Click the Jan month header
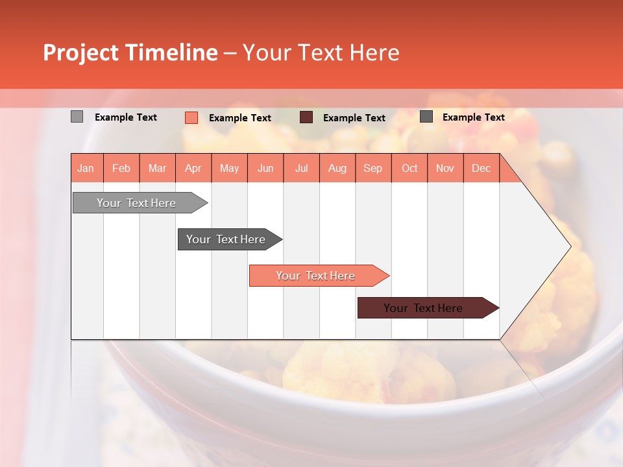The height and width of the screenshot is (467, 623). pyautogui.click(x=86, y=168)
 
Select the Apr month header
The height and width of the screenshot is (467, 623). pyautogui.click(x=193, y=168)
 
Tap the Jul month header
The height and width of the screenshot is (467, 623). pyautogui.click(x=301, y=168)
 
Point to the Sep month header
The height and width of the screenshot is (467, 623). pyautogui.click(x=373, y=168)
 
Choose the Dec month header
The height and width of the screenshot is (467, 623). pyautogui.click(x=481, y=168)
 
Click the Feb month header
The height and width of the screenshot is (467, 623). pyautogui.click(x=121, y=168)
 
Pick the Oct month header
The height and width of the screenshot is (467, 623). pyautogui.click(x=409, y=168)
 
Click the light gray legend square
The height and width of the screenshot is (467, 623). pyautogui.click(x=77, y=117)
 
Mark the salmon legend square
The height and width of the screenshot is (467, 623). pyautogui.click(x=191, y=117)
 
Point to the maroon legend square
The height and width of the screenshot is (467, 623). pyautogui.click(x=306, y=117)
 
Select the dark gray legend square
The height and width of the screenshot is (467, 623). pyautogui.click(x=426, y=117)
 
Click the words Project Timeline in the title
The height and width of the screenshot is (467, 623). pyautogui.click(x=130, y=53)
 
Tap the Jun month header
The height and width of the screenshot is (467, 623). pyautogui.click(x=265, y=168)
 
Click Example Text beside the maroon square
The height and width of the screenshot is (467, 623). pyautogui.click(x=354, y=118)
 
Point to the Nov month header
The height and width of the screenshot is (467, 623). pyautogui.click(x=445, y=168)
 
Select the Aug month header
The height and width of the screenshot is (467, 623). pyautogui.click(x=337, y=168)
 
